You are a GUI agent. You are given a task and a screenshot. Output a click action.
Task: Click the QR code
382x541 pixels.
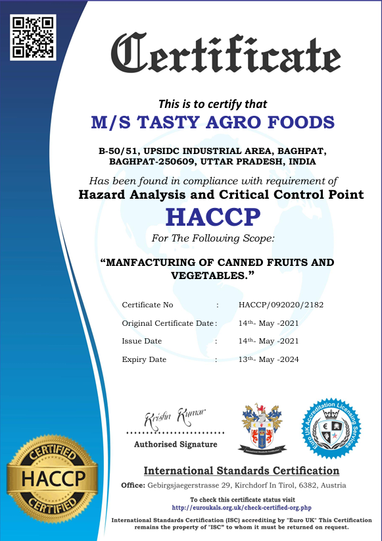point(33,36)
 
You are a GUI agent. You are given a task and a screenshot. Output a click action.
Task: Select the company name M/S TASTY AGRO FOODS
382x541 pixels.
point(212,122)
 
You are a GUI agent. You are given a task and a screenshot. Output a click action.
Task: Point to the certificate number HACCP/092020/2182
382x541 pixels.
point(281,305)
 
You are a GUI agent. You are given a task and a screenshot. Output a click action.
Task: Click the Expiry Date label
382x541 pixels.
point(144,359)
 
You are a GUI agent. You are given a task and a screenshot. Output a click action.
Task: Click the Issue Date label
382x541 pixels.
point(141,341)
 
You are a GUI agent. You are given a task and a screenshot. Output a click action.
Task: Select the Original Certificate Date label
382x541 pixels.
point(168,323)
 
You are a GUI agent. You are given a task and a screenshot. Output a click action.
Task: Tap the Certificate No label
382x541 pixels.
point(147,305)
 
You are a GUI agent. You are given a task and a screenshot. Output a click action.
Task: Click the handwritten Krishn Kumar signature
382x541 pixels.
point(174,417)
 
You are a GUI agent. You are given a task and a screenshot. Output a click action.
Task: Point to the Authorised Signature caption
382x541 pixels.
point(175,445)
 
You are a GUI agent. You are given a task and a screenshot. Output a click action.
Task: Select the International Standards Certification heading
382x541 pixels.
point(241,471)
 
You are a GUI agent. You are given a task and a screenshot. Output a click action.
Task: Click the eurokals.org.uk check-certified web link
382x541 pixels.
point(241,508)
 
